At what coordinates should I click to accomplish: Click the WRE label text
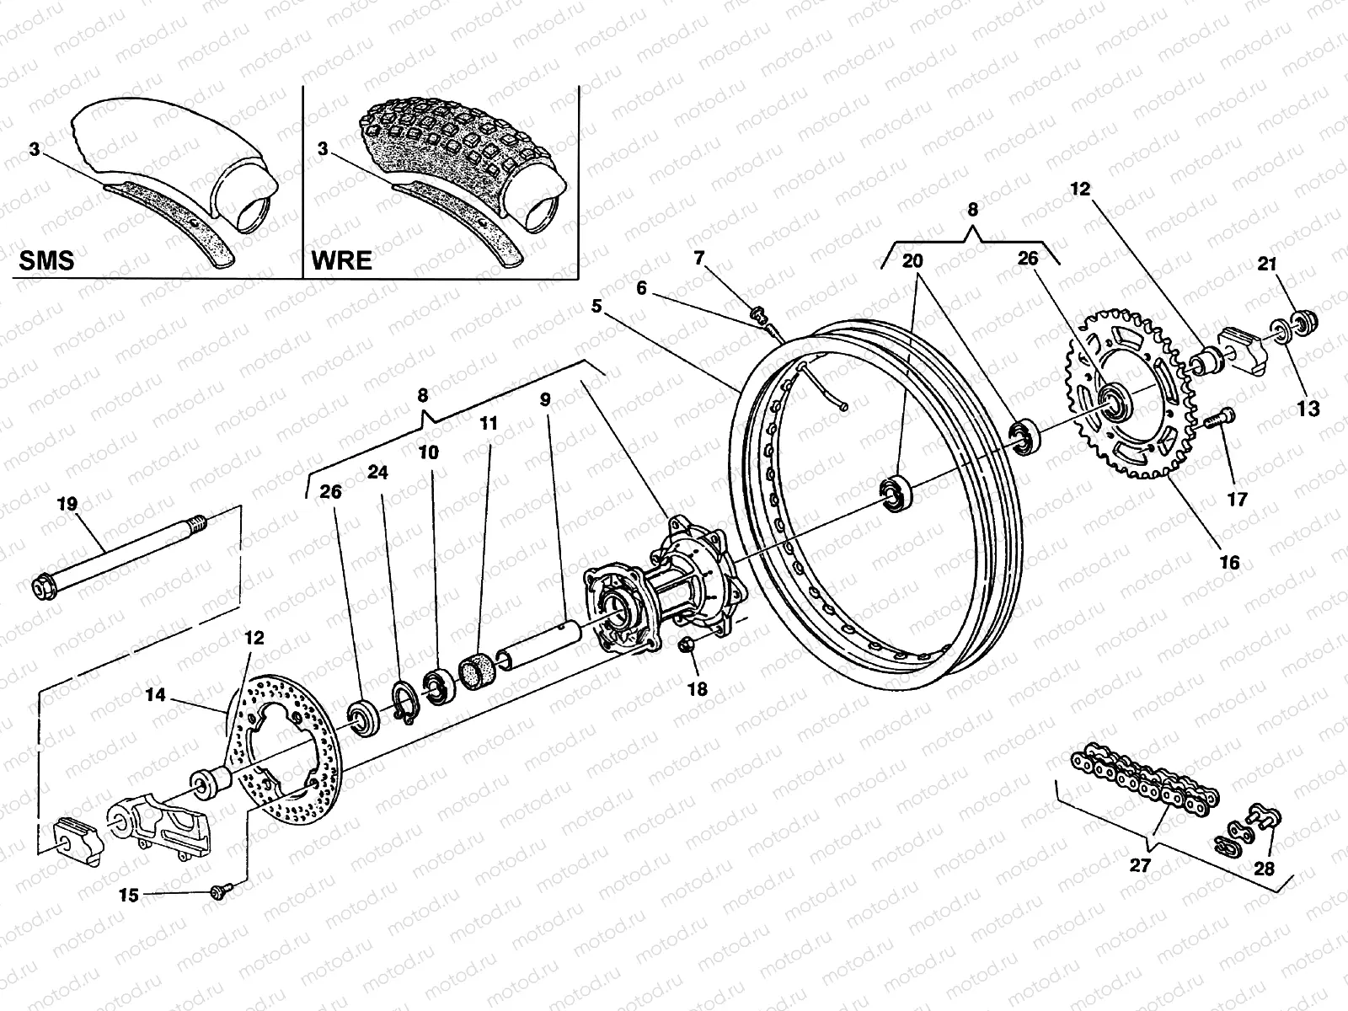click(x=341, y=259)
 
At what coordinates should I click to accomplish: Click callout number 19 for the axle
click(x=67, y=505)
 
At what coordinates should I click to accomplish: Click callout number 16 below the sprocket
click(x=1230, y=562)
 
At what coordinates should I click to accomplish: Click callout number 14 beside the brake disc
click(x=155, y=696)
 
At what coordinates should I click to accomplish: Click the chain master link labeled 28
click(x=1264, y=816)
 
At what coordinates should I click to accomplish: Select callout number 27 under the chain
click(x=1141, y=865)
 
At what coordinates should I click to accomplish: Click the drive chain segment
click(x=1146, y=775)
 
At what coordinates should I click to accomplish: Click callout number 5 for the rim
click(x=596, y=307)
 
